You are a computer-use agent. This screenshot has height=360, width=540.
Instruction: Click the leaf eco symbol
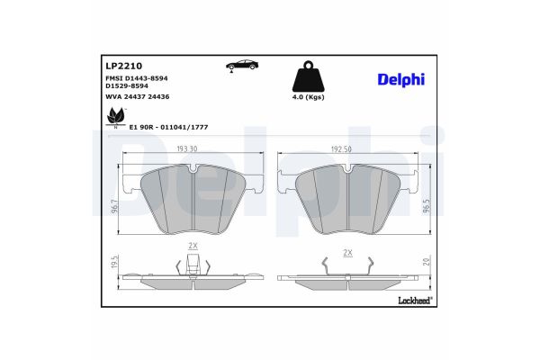(115, 115)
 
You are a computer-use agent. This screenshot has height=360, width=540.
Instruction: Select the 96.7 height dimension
(113, 207)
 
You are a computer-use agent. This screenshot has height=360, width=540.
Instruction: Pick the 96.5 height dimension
(427, 207)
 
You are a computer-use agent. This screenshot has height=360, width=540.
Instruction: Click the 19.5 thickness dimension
(114, 262)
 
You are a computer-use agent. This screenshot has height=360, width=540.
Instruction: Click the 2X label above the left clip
(192, 246)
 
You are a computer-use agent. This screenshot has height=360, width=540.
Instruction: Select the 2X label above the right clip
(347, 253)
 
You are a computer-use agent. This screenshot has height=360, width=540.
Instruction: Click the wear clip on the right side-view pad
(347, 265)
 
